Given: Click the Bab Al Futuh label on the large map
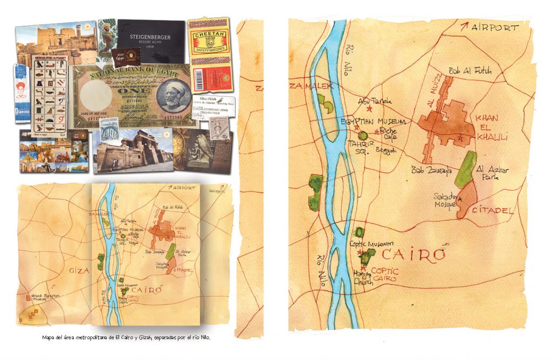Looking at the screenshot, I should (x=470, y=71).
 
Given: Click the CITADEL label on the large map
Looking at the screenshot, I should (x=493, y=210).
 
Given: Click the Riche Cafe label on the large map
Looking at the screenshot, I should (x=388, y=133).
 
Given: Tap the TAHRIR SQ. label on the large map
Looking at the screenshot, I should (x=358, y=147).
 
